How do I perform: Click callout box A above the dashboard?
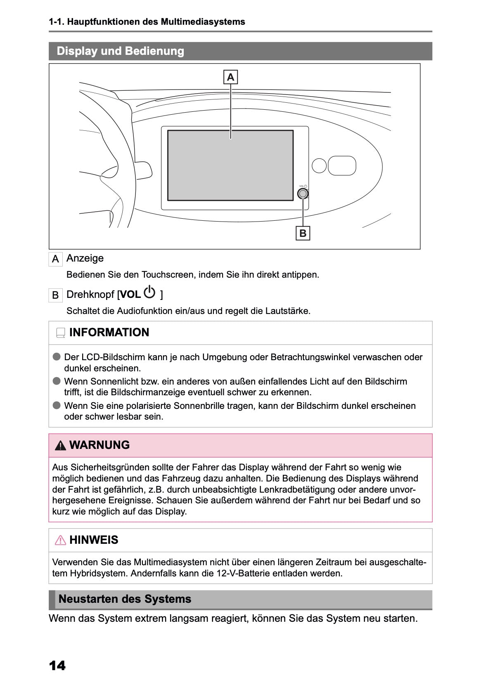point(230,77)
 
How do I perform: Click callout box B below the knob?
point(303,233)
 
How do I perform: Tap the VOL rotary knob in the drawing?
point(303,193)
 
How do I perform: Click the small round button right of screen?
point(319,165)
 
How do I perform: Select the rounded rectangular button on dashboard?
point(342,165)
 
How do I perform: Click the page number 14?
point(57,665)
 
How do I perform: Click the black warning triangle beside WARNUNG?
point(61,446)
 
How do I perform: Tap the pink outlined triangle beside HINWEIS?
point(61,540)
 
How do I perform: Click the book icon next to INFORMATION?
point(61,333)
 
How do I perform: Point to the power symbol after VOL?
point(149,293)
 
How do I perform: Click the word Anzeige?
point(85,258)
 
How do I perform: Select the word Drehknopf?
point(90,295)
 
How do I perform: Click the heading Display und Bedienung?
point(120,51)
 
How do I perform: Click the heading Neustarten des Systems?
point(125,599)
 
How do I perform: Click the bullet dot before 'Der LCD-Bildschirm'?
point(57,357)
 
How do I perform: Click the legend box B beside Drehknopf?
point(55,295)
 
